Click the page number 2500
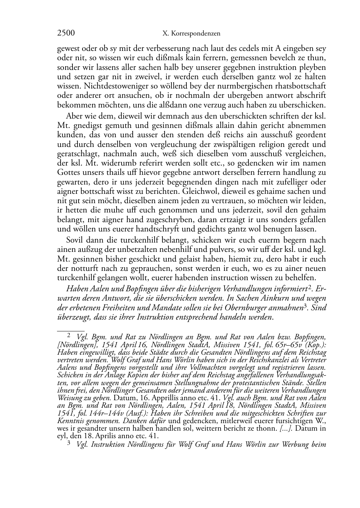[x=66, y=34]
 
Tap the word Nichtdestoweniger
[x=112, y=86]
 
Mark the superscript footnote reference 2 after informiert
[x=309, y=287]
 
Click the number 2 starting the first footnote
[x=69, y=336]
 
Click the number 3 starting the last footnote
[x=69, y=444]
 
